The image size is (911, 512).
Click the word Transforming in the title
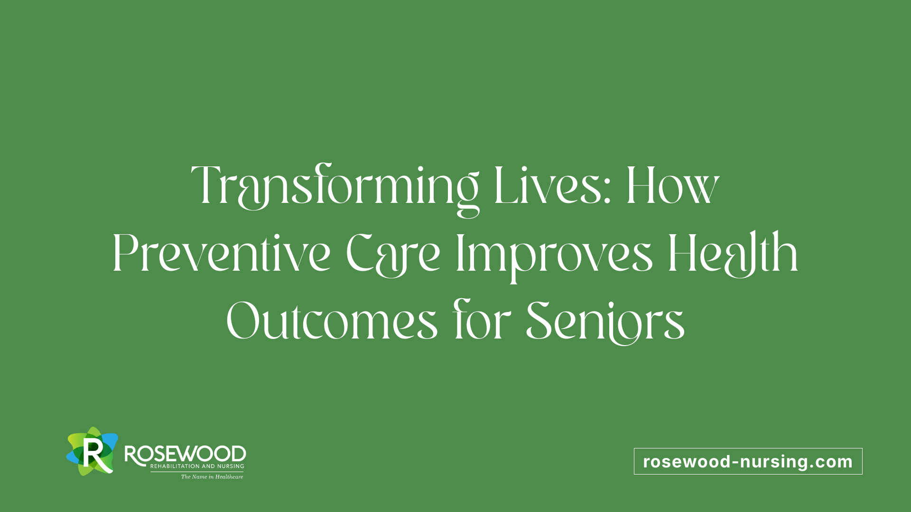point(335,187)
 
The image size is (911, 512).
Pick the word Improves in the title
point(554,256)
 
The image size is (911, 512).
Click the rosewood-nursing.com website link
point(748,461)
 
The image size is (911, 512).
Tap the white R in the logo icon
point(93,454)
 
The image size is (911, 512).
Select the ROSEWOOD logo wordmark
point(185,454)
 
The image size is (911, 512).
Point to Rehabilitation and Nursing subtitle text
point(197,466)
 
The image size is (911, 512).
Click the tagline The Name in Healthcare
point(212,476)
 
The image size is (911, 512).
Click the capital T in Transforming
point(207,185)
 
